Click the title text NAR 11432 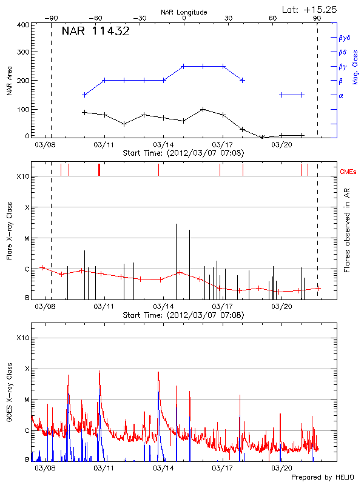[95, 32]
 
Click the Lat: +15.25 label [310, 9]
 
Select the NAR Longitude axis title [184, 12]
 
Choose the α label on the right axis [341, 95]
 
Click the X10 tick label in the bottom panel [22, 337]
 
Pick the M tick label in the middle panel [26, 238]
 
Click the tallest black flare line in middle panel [176, 255]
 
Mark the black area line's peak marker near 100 [203, 110]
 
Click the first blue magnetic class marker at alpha [84, 95]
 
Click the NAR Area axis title [9, 81]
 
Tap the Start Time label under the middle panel [183, 315]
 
